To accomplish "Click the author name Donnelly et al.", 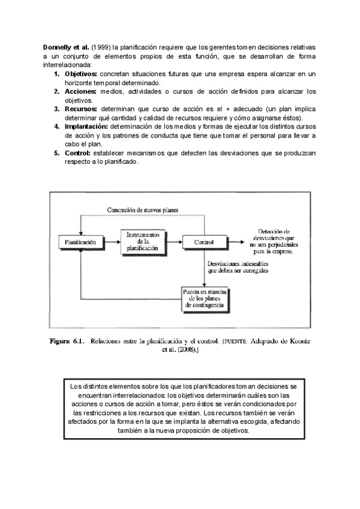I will point(66,46).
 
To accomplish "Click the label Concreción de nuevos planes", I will point(143,209).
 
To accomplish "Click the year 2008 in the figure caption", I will point(185,351).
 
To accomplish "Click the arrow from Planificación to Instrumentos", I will point(110,242).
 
